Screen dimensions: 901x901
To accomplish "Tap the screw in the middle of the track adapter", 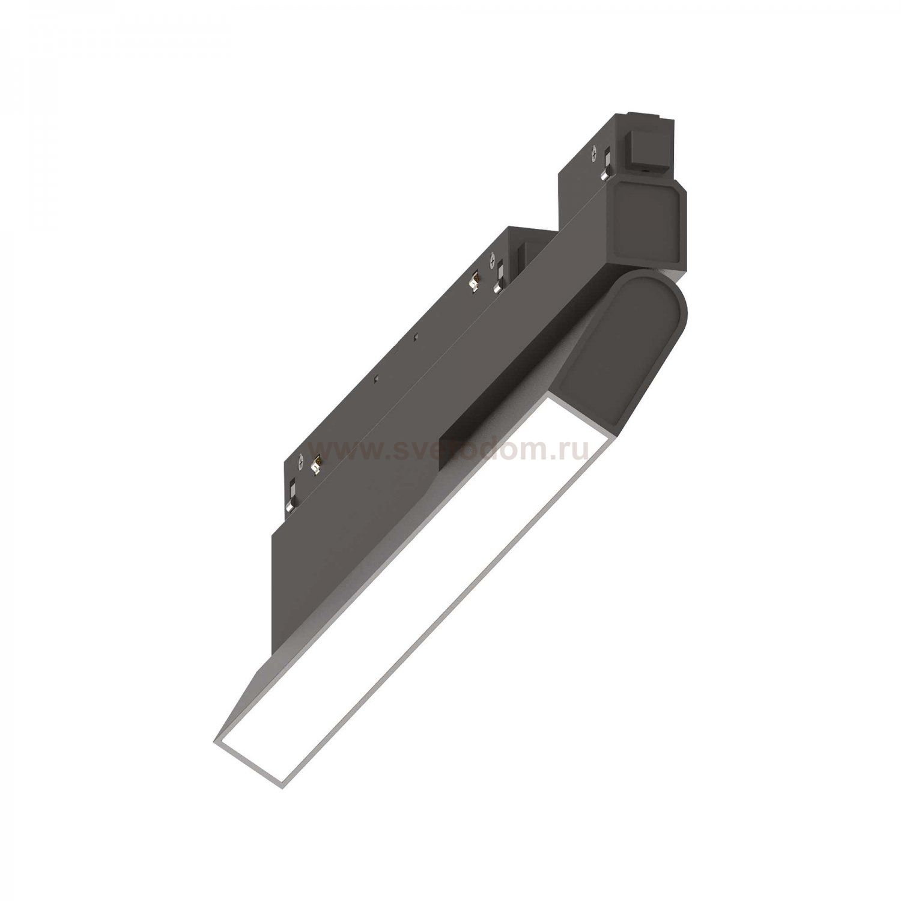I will coord(493,262).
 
